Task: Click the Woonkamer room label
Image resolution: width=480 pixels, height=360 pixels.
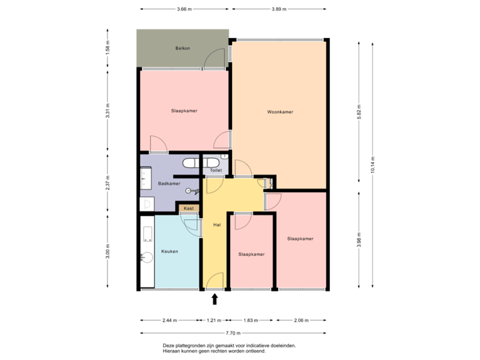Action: point(280,112)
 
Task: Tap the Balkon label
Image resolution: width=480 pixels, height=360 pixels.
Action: point(183,49)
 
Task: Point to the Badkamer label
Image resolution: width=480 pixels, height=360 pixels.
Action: point(169,183)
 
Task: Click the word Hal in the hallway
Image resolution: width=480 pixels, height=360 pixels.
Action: point(217,225)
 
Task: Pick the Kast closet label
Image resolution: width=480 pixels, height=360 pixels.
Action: point(189,209)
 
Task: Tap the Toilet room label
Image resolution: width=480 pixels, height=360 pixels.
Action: point(215,171)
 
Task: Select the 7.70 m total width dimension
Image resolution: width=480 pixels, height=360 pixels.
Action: point(233,333)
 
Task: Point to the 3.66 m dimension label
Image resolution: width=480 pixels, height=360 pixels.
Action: point(184,9)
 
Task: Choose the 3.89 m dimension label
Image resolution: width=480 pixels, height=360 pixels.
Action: point(279,9)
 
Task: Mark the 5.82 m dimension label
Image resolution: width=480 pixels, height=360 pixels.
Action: point(359,110)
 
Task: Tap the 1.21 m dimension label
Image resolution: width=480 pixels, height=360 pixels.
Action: point(215,321)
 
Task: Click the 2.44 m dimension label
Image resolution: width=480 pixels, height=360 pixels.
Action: point(170,321)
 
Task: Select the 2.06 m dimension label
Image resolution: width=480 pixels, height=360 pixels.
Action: point(301,321)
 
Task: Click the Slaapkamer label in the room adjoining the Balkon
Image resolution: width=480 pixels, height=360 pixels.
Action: point(183,111)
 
